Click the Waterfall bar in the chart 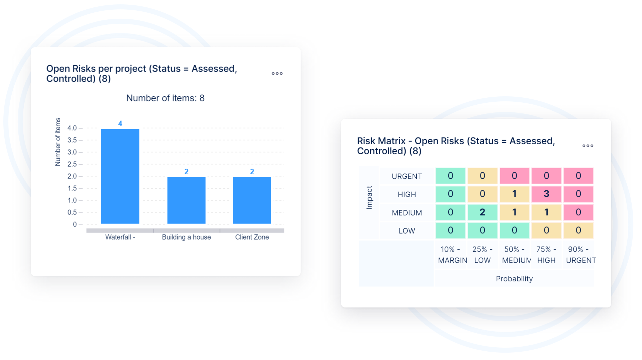coord(120,176)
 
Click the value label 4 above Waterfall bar coord(120,123)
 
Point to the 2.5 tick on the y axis coord(72,164)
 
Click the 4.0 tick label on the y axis coord(72,128)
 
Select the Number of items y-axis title coord(58,142)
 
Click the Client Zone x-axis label coord(252,237)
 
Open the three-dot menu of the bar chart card coord(277,74)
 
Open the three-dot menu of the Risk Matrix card coord(587,146)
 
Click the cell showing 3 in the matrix coord(546,194)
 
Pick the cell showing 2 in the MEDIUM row coord(483,212)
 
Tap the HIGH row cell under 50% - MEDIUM coord(514,194)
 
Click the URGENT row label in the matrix coord(407,176)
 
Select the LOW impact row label coord(407,231)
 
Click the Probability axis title coord(514,279)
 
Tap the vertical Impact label coord(369,197)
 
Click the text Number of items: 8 coord(165,98)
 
